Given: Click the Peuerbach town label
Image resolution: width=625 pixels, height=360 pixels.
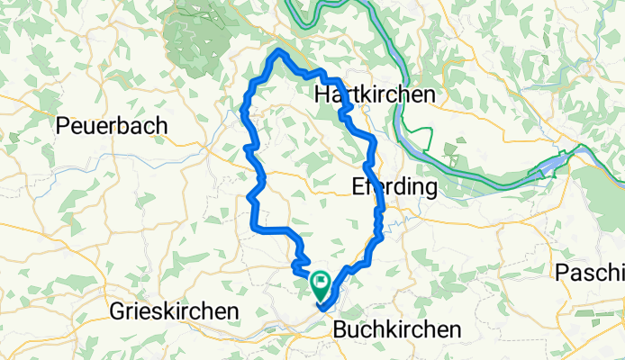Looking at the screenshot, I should point(112,126).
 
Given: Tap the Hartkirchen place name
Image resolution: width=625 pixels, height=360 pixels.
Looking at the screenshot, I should point(375,94).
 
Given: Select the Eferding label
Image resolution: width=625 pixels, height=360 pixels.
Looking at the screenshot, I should point(394,188).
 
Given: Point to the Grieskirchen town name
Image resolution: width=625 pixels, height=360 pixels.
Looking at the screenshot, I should point(174,311).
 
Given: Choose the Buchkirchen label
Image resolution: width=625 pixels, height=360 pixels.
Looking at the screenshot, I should point(395,329).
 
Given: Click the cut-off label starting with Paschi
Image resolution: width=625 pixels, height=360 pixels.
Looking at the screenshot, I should point(590,273).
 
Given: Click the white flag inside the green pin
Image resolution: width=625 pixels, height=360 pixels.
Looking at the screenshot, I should point(321,282).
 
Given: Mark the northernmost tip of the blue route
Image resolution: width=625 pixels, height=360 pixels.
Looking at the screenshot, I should point(279,52).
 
